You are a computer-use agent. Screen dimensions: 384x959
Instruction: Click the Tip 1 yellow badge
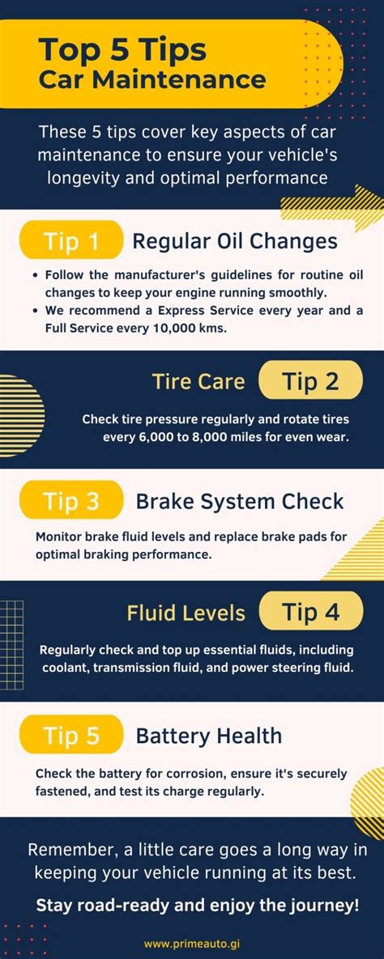[x=71, y=241]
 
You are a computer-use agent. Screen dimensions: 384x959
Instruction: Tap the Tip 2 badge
[x=311, y=380]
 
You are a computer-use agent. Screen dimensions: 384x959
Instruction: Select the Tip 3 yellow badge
[x=71, y=501]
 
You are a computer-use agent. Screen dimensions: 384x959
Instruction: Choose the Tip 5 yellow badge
[x=71, y=735]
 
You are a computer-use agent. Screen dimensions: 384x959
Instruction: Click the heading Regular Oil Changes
[x=235, y=242]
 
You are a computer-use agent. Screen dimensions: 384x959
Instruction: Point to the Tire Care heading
[x=198, y=381]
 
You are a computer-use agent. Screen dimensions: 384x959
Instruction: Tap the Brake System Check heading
[x=240, y=502]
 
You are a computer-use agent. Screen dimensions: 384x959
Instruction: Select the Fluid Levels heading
[x=186, y=613]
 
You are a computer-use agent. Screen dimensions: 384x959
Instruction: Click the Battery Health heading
[x=209, y=735]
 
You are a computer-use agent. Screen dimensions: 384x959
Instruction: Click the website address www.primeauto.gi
[x=192, y=944]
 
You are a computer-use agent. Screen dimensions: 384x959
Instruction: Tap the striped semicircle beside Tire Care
[x=22, y=416]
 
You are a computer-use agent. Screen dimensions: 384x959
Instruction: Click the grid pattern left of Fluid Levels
[x=11, y=636]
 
